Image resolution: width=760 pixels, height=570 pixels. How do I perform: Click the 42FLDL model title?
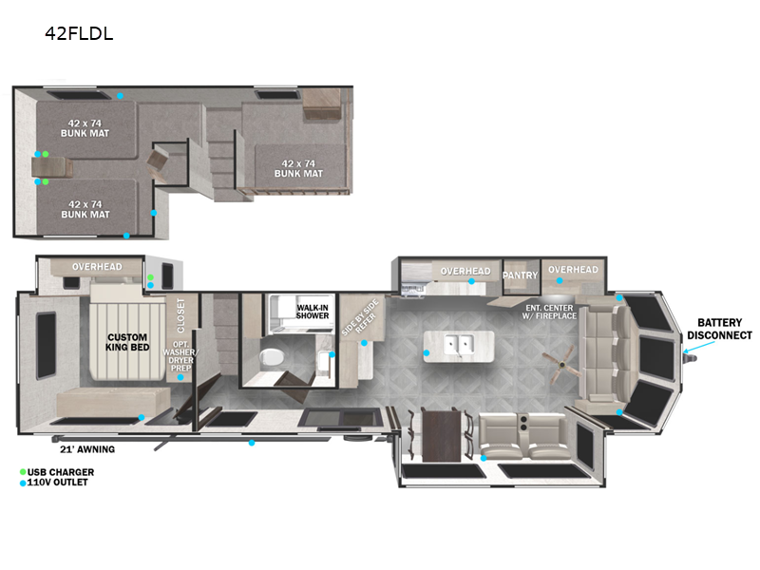click(x=79, y=33)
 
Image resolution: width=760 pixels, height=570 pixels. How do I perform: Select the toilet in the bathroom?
click(x=272, y=358)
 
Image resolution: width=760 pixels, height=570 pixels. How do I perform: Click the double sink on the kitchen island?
click(x=459, y=345)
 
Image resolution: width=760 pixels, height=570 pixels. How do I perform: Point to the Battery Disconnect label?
click(x=719, y=329)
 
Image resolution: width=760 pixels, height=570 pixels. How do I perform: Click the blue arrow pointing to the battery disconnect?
click(x=698, y=347)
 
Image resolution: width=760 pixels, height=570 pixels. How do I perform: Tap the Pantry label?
click(x=520, y=275)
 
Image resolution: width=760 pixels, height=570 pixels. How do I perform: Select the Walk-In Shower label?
click(x=313, y=312)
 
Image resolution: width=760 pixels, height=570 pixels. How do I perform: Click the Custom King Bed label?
click(x=127, y=342)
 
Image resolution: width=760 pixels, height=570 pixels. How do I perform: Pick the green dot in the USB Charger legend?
click(x=23, y=472)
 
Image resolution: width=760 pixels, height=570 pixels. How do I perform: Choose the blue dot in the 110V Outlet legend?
click(x=23, y=483)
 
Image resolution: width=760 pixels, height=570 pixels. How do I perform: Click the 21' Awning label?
click(x=87, y=449)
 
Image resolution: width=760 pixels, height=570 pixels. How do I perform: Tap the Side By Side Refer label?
click(x=360, y=318)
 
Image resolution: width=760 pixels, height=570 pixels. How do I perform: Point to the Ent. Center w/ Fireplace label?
click(x=549, y=312)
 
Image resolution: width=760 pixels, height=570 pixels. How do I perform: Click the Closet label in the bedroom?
click(x=180, y=315)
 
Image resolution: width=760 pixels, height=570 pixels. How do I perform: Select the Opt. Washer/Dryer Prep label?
click(x=180, y=356)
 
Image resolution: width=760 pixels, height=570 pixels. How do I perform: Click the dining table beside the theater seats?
click(x=440, y=435)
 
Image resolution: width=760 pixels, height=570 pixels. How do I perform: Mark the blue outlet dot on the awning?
click(x=252, y=443)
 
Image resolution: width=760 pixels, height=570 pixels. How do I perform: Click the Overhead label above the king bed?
click(x=97, y=267)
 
